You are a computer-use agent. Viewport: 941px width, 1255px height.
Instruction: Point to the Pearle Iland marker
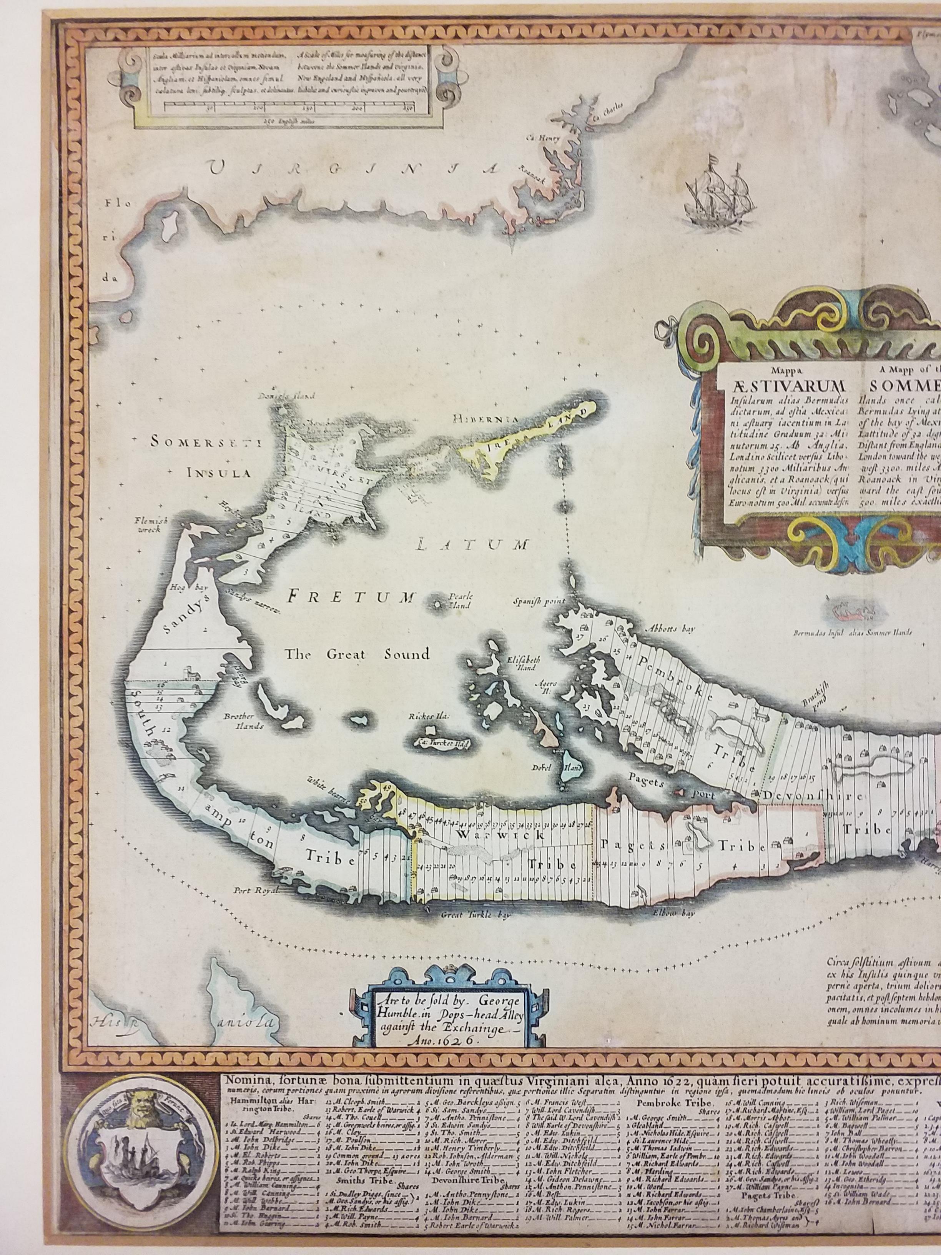point(438,605)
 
